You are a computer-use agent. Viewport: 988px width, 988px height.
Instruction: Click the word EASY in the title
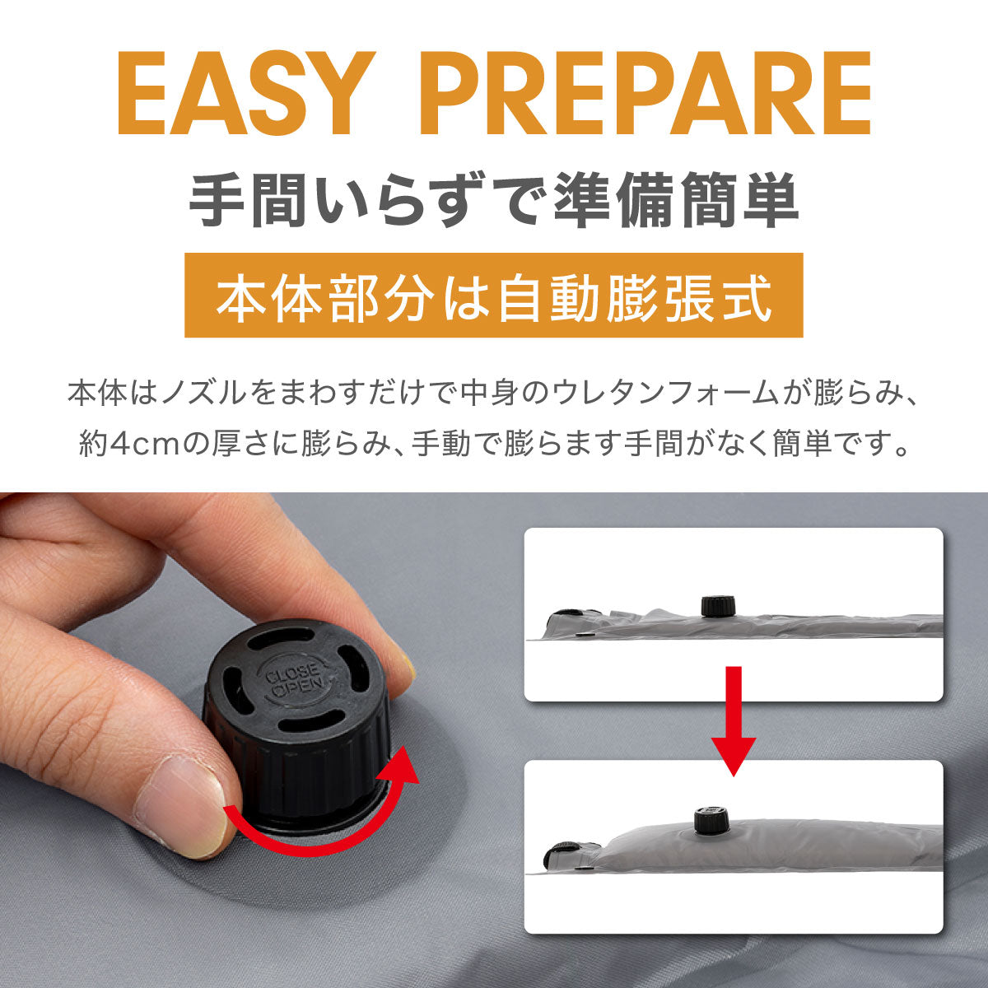tap(245, 93)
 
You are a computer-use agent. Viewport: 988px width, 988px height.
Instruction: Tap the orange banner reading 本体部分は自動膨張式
tap(494, 296)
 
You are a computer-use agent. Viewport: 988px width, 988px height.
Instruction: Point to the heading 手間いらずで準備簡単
tap(493, 200)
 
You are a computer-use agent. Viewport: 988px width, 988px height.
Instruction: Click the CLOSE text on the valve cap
tap(293, 673)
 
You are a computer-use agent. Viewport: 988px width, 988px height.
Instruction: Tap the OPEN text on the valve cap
tap(298, 687)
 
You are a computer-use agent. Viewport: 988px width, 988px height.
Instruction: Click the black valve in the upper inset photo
tap(718, 605)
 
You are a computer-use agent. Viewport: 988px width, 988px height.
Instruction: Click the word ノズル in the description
tap(201, 394)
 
